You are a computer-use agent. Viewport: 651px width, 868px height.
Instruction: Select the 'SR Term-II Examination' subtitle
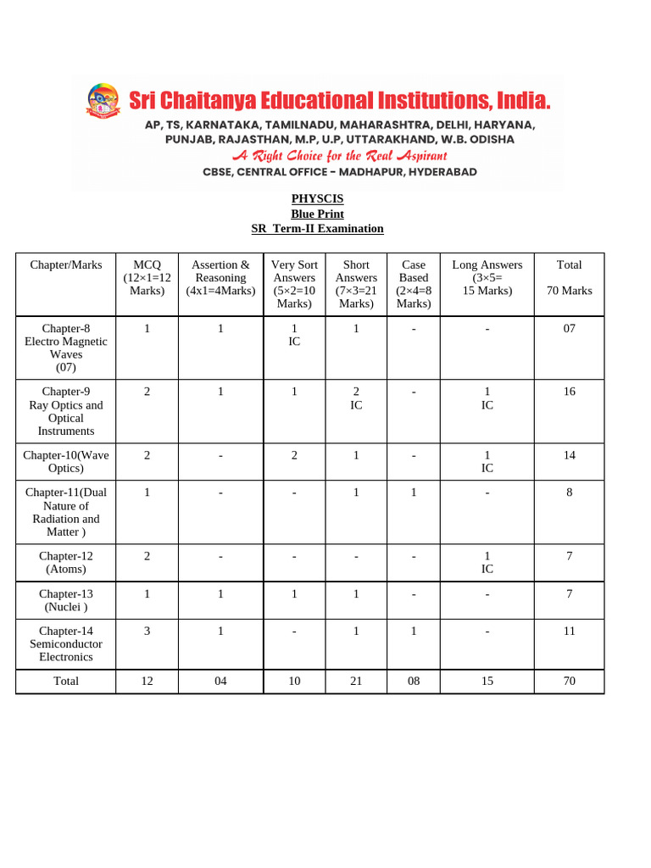click(x=317, y=229)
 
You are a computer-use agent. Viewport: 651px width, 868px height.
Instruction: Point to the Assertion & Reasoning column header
click(x=220, y=277)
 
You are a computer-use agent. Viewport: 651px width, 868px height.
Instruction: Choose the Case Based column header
click(x=414, y=284)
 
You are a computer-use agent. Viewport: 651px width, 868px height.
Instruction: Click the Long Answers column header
click(x=487, y=277)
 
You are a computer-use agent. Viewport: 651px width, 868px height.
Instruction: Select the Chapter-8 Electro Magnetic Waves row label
click(x=66, y=348)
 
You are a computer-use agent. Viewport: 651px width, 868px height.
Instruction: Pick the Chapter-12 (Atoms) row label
click(x=66, y=562)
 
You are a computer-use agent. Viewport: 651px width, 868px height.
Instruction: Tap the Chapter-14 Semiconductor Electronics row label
click(x=66, y=643)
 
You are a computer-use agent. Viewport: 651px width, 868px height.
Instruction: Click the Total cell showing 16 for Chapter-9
click(x=569, y=392)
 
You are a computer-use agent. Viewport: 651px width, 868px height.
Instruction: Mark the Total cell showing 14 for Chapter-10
click(x=569, y=455)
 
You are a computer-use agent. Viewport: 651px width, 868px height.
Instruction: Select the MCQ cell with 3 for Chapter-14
click(x=147, y=631)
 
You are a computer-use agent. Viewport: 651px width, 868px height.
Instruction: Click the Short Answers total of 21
click(x=356, y=681)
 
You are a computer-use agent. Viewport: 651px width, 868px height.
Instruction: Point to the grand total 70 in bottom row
click(x=569, y=681)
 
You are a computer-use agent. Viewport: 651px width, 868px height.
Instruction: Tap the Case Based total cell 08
click(x=414, y=681)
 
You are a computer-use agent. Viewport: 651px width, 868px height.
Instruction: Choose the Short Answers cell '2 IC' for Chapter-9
click(x=356, y=398)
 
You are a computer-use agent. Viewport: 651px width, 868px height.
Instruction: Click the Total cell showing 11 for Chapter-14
click(x=569, y=631)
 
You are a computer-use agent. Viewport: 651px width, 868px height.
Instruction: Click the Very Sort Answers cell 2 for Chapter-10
click(x=294, y=455)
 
